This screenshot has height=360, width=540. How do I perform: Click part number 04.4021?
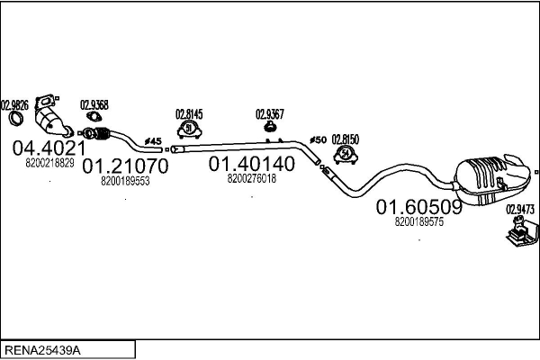click(x=49, y=148)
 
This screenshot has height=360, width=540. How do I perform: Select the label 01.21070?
click(x=125, y=166)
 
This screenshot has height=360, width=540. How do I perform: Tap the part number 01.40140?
click(x=251, y=165)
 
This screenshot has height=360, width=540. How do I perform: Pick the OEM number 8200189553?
click(x=125, y=181)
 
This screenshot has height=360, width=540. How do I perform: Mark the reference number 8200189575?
click(x=419, y=222)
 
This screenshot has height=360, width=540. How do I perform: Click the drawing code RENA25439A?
click(x=42, y=349)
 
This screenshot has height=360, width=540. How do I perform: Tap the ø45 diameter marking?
click(x=152, y=141)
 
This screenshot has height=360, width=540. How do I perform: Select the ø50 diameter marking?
click(x=318, y=139)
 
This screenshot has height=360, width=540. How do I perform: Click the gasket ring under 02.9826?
click(x=14, y=120)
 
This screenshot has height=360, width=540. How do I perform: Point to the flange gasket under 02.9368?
click(x=93, y=118)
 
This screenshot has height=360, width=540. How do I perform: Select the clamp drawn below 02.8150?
click(x=346, y=156)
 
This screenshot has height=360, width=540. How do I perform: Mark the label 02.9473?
click(x=520, y=210)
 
